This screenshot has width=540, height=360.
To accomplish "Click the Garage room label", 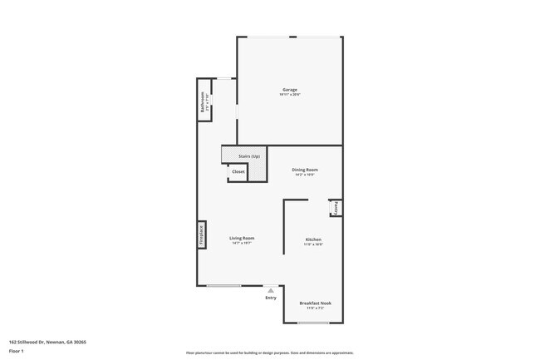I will [289, 90].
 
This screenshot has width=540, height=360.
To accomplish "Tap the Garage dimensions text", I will [289, 95].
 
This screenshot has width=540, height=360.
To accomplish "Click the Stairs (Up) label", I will [249, 156].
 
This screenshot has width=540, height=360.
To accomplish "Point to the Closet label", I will [238, 172].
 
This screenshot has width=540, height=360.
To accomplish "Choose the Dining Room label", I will [305, 170].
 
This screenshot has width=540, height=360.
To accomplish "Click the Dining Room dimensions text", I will [305, 175].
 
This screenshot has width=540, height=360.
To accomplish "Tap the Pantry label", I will [336, 207].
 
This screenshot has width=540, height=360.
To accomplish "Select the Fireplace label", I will [201, 235].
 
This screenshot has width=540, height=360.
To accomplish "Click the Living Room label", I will [242, 239].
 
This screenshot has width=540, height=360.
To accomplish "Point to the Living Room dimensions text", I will [242, 244].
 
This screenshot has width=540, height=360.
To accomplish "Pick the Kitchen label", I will [312, 239].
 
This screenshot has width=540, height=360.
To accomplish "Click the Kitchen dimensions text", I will [312, 244].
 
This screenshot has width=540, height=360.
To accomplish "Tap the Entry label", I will [270, 298].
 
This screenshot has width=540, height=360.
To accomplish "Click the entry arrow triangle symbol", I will [270, 290].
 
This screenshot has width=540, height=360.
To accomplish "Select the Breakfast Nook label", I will [314, 303].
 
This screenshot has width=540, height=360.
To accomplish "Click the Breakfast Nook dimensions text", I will [314, 308].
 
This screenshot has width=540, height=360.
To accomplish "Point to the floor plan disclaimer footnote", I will [269, 353].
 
